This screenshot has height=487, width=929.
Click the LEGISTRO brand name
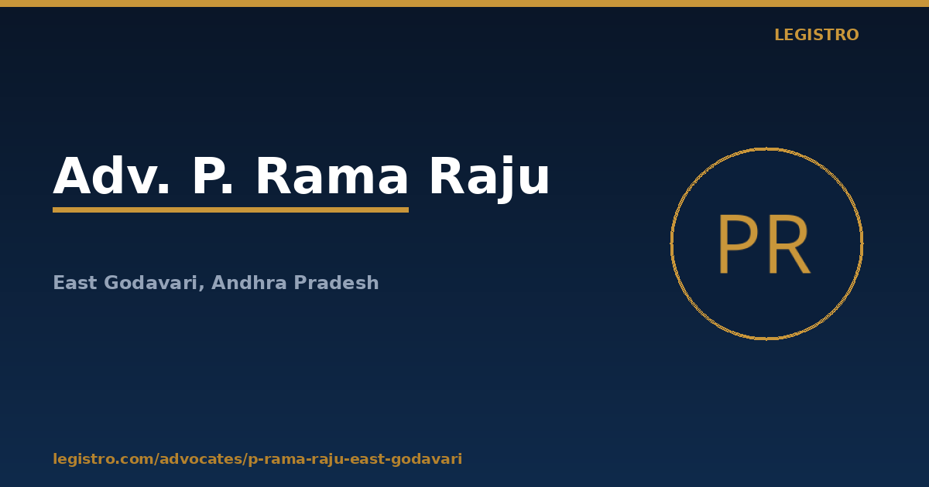pos(816,35)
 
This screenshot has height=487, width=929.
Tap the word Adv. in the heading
pos(111,175)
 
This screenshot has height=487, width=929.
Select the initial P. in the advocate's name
pos(212,175)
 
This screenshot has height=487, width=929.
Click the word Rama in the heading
pos(332,175)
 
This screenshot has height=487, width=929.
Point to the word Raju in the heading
pos(490,178)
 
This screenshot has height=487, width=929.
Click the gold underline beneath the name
pos(231,210)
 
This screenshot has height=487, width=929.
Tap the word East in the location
pos(75,283)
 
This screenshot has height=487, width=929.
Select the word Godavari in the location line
pos(150,283)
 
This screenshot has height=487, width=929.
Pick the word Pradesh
pos(336,283)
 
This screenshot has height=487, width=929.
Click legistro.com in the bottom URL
pos(102,459)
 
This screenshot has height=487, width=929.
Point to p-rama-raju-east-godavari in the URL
pos(355,459)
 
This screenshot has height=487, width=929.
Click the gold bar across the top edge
pos(464,3)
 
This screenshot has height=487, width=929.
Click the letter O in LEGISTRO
pos(852,35)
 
